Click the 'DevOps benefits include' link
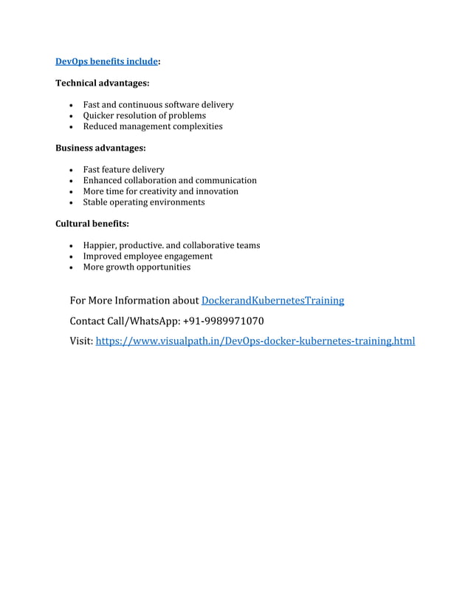106,62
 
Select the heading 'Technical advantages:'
103,83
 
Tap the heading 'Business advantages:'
100,148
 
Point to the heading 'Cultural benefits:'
92,224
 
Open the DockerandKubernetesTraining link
272,301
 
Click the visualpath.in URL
255,341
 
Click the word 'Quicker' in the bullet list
100,116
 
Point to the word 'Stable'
95,202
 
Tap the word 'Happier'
100,245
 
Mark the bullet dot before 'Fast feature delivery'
70,171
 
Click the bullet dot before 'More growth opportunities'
70,268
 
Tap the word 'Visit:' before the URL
81,341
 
